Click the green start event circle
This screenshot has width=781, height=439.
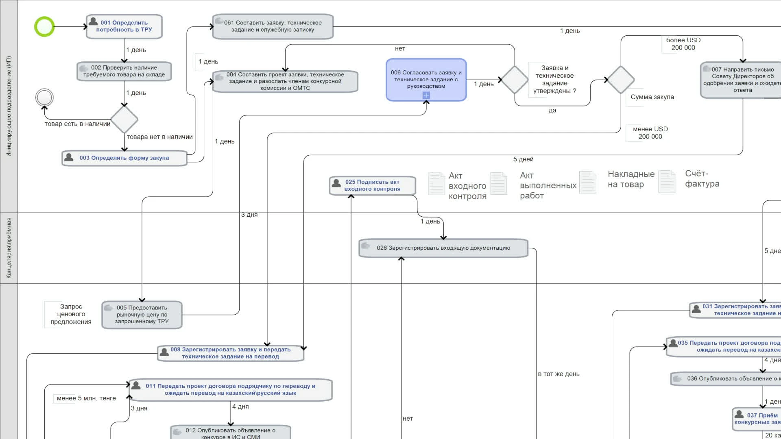click(44, 27)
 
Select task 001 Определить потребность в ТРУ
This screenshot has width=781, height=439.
click(124, 26)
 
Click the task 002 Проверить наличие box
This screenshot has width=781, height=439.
click(124, 71)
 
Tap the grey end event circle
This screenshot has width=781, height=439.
click(44, 98)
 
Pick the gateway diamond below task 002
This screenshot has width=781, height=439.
click(124, 120)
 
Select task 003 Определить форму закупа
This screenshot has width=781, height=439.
click(124, 158)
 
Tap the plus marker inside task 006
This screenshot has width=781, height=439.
click(426, 95)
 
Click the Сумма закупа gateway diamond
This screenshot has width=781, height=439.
click(620, 80)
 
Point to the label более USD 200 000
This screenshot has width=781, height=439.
click(683, 44)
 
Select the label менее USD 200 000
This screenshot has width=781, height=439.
click(650, 133)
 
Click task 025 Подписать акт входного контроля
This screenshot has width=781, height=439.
click(372, 185)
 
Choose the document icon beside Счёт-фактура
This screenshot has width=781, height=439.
click(667, 182)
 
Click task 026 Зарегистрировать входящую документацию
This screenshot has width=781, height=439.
click(443, 248)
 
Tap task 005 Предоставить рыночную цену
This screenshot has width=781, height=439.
click(142, 315)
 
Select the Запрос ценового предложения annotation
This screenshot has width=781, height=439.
click(71, 314)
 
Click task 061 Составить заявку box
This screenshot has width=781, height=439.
click(273, 26)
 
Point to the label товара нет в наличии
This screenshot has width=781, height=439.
click(159, 137)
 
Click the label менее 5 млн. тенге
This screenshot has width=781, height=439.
click(86, 398)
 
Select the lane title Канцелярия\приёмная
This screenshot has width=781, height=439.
click(9, 248)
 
